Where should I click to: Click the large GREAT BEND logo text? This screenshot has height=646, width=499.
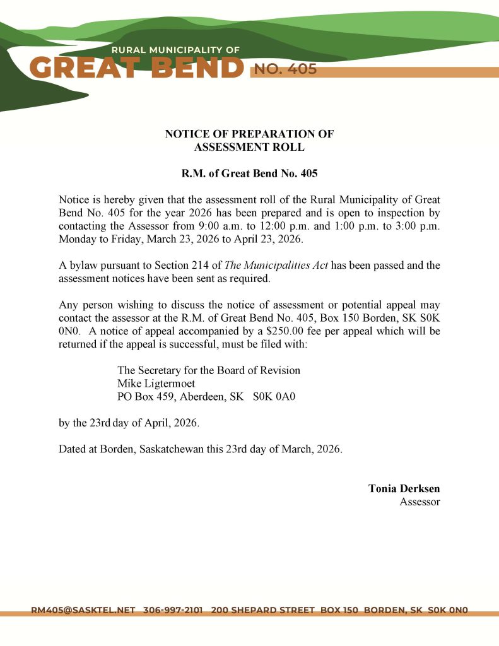(136, 68)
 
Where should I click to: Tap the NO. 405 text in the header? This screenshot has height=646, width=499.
(285, 69)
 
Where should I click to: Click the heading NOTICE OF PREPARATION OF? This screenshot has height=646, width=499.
(249, 134)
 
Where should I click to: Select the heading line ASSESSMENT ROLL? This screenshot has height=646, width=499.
(249, 147)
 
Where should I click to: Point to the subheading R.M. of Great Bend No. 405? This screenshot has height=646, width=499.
(249, 173)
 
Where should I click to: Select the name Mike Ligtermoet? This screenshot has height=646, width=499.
(156, 384)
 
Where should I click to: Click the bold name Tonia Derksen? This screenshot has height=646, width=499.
(404, 488)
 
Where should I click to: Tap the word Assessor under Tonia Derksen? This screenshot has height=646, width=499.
(420, 502)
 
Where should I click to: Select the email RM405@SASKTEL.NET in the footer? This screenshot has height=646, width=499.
(83, 610)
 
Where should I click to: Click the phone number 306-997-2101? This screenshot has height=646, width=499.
(173, 610)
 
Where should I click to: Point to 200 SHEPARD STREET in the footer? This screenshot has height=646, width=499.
(262, 610)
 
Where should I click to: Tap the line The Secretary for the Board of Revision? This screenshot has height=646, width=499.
(209, 370)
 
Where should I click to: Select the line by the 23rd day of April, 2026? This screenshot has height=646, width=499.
(129, 423)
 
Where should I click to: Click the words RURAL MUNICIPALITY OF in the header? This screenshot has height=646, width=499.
(175, 50)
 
